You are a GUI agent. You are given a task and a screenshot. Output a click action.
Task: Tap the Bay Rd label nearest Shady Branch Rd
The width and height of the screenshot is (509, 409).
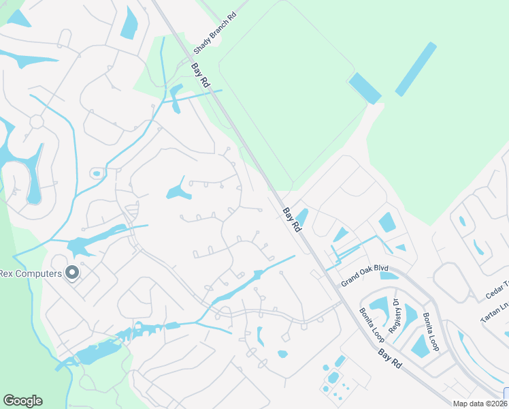(200, 75)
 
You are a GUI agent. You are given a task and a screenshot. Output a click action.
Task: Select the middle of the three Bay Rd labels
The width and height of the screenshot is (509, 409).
(292, 221)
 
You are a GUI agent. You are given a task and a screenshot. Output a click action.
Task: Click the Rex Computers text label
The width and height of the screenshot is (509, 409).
(31, 274)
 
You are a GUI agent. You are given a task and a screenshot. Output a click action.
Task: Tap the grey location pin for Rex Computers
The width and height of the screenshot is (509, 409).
(72, 274)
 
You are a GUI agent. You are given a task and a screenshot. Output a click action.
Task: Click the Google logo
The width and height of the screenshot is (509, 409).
(22, 401)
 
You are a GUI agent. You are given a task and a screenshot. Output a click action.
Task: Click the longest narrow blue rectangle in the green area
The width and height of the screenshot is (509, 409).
(416, 68)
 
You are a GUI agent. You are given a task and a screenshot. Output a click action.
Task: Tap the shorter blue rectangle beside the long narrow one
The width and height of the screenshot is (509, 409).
(365, 88)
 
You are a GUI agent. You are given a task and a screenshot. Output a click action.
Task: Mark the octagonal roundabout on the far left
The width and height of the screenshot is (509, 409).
(36, 121)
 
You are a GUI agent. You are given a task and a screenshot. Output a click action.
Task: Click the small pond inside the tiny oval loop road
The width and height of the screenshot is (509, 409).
(97, 173)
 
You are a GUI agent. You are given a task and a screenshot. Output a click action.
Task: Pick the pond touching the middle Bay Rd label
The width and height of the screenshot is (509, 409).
(302, 217)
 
